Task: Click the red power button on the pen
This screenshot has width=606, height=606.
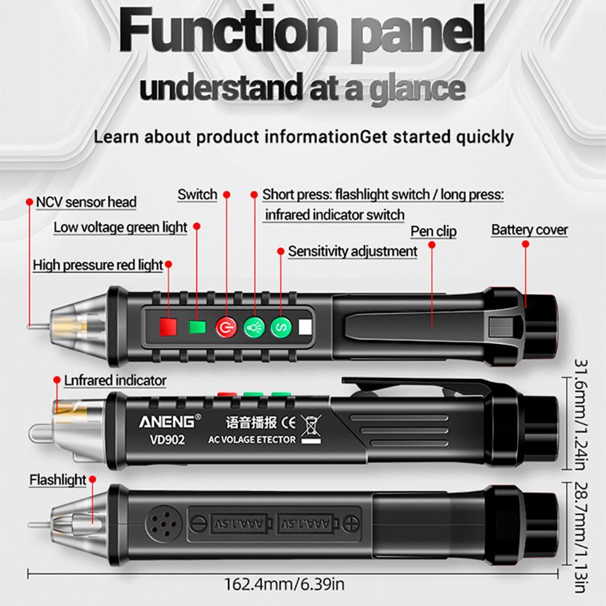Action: coord(225,328)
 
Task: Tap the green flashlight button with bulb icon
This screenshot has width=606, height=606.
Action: coord(254,328)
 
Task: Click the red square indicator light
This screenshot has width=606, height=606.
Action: coord(168,328)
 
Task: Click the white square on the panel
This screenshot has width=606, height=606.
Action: coord(304,328)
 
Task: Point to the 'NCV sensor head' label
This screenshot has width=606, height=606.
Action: coord(86,202)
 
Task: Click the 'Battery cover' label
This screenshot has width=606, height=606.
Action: coord(529,230)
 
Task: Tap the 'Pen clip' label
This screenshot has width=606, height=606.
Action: coord(433,231)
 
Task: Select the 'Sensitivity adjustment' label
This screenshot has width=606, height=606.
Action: coord(352,251)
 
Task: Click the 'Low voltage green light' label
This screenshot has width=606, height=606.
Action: coord(121,228)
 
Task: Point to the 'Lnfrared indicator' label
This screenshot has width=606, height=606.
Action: coord(115,381)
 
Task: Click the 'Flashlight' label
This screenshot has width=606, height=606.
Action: coord(58,480)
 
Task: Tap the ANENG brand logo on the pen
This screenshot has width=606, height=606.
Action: coord(167,421)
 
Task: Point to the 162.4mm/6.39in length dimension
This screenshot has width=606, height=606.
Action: coord(284,585)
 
